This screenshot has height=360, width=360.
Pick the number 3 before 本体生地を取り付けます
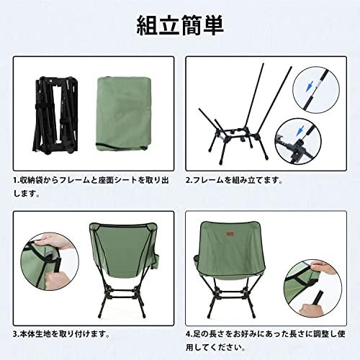15,333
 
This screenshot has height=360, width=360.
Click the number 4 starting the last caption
189,333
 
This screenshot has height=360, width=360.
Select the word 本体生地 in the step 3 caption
36,333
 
